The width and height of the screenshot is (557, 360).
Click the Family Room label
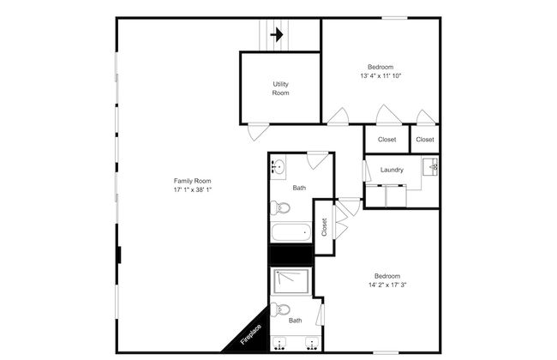192,181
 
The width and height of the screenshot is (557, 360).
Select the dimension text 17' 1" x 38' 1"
192,190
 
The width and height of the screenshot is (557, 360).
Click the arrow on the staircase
277,35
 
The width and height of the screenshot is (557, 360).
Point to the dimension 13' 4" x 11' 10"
380,76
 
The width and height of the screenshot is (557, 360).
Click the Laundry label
392,170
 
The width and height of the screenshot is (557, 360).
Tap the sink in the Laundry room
433,166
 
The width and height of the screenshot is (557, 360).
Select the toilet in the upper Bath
281,207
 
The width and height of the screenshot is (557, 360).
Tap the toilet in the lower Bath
282,309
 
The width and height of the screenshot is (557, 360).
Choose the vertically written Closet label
325,227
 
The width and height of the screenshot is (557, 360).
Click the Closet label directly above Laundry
387,139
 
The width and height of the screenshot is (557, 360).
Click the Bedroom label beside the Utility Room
380,67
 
